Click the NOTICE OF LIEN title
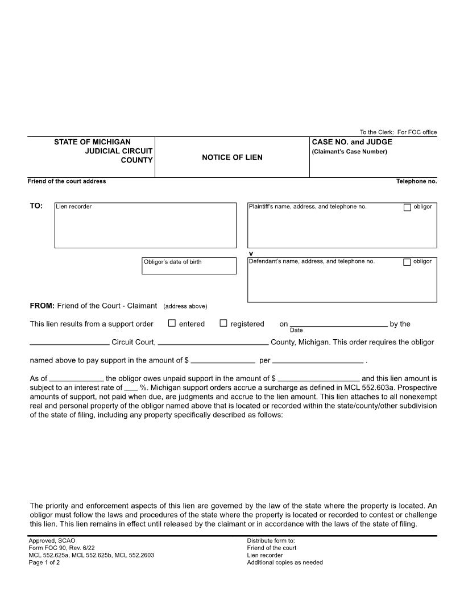click(232, 157)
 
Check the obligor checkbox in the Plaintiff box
click(407, 207)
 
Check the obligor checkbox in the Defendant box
click(407, 262)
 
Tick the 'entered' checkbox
click(172, 323)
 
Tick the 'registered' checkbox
click(223, 323)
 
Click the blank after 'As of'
click(77, 379)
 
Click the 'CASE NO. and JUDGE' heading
click(352, 142)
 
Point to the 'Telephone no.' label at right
click(416, 181)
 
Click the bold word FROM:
click(42, 306)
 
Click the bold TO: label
click(36, 206)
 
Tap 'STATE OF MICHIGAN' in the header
click(92, 142)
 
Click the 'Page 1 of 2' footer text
click(44, 562)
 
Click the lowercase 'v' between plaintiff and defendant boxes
click(251, 253)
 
